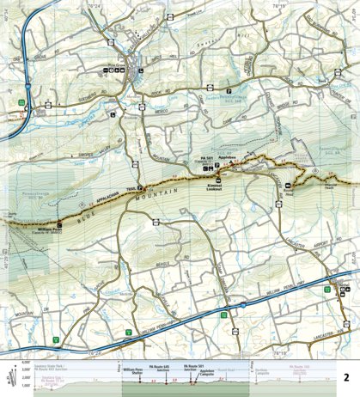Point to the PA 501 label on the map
pyautogui.click(x=206, y=160)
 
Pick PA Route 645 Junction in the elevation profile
pyautogui.click(x=162, y=367)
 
